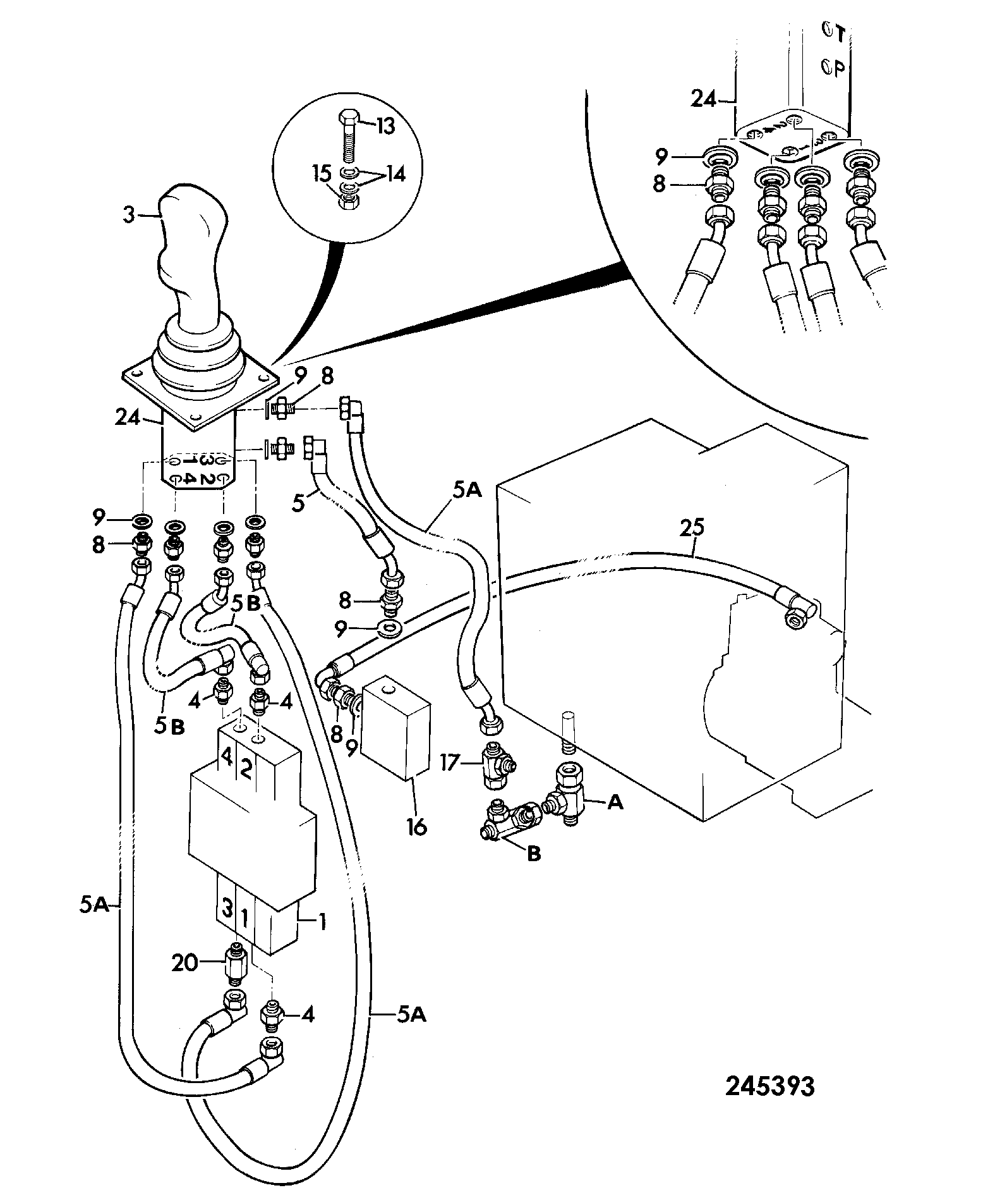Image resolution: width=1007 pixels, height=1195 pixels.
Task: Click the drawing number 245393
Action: [770, 1086]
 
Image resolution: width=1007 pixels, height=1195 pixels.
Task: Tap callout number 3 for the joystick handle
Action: [129, 216]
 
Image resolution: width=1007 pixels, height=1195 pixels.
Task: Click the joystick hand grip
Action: [190, 253]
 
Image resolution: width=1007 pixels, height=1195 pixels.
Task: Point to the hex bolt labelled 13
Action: [348, 136]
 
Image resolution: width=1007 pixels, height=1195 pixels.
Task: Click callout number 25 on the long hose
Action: [692, 527]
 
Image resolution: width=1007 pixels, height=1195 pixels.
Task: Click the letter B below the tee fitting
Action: [534, 854]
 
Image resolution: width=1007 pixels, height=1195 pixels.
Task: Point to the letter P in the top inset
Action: [839, 68]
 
